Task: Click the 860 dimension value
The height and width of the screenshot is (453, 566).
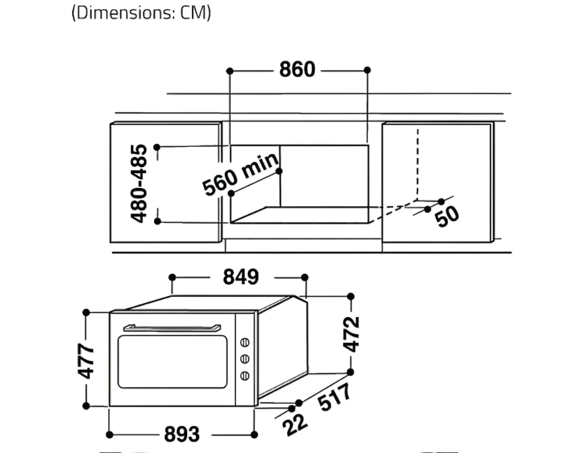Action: pos(297,70)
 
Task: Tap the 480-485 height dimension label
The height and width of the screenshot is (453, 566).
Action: pos(139,183)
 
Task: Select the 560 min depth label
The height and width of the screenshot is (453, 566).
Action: pos(240,174)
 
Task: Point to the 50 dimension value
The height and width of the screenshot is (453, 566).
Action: pos(447,216)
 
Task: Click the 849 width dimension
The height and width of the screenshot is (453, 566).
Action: pos(240,277)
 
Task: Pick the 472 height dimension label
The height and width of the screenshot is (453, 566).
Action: pos(351,334)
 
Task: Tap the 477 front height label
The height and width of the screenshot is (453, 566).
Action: pos(86,361)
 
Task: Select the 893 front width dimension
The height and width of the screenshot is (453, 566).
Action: pos(182,434)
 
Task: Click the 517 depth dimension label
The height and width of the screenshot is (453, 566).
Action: pos(335,397)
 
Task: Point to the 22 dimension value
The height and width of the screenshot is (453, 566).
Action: pos(295,425)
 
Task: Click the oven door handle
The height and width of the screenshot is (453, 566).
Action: pos(172,328)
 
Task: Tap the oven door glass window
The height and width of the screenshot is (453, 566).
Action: pos(172,362)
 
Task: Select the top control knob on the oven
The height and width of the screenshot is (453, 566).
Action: pos(245,342)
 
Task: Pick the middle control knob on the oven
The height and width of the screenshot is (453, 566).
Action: pos(245,359)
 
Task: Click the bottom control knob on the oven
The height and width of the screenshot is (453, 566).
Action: pos(245,376)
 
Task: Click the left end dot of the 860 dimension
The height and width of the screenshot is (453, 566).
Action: pos(230,71)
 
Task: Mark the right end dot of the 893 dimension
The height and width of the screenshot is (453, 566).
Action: pos(254,435)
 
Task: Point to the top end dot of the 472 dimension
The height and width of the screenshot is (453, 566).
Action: pos(351,297)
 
